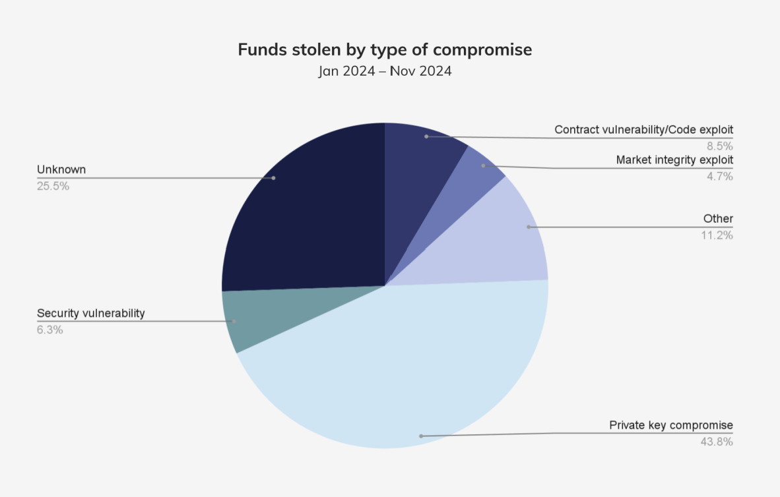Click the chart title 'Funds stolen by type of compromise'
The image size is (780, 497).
385,50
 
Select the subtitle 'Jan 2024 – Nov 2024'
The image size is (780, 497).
385,71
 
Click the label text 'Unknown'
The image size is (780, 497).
61,169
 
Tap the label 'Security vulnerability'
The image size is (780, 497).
90,313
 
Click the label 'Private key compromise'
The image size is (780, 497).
671,425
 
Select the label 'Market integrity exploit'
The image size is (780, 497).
674,160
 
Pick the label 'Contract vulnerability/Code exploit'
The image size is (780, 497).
643,130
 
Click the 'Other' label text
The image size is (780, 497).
718,219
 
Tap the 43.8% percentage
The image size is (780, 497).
716,442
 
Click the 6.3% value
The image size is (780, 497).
50,330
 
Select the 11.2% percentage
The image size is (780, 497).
717,235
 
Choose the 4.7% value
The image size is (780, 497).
719,176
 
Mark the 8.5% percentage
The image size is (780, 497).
719,146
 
